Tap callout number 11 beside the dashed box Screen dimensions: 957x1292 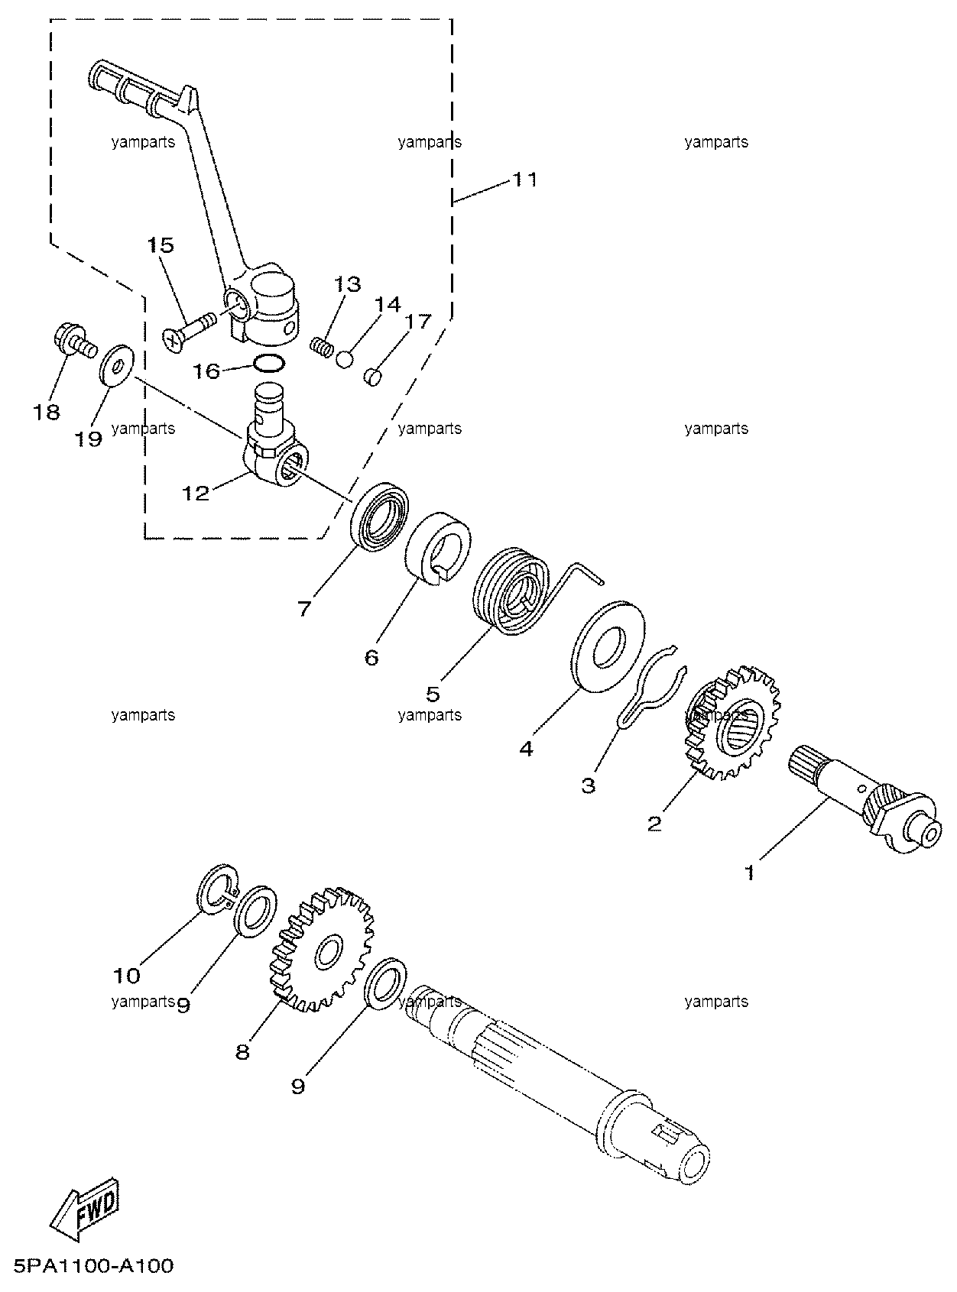524,180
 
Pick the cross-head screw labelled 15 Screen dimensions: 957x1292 188,331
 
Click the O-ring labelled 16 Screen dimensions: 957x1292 269,364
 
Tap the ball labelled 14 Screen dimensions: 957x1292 345,360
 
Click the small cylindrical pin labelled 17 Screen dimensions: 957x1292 372,377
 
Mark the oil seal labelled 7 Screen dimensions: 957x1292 379,516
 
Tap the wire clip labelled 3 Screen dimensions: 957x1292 650,695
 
